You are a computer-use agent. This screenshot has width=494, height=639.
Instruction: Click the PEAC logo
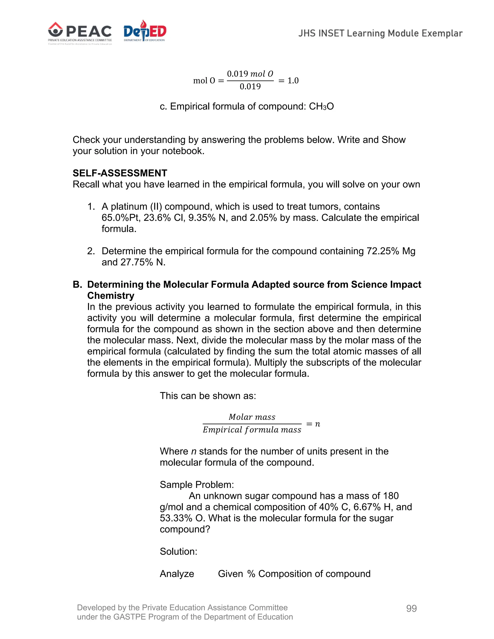coord(80,33)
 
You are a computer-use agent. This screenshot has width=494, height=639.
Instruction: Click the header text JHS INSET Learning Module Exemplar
coord(380,33)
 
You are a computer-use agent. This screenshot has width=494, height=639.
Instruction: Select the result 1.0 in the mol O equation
coord(293,81)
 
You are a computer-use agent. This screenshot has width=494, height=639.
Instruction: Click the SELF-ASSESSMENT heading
coord(120,173)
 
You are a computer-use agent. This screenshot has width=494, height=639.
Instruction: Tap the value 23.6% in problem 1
coord(157,218)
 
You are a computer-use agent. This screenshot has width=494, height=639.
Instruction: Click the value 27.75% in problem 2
coord(137,262)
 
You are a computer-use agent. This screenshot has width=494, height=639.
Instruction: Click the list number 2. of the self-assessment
coord(91,251)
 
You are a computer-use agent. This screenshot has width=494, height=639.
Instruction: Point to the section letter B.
coord(77,284)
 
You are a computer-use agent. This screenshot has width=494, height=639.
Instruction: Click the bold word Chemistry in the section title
coord(111,296)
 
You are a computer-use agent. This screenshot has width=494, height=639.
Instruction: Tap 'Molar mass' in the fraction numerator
coord(252,417)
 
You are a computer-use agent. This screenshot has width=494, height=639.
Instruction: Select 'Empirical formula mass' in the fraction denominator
coord(252,429)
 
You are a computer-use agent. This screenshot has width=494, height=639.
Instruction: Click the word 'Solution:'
coord(178,551)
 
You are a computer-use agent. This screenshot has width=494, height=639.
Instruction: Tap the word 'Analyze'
coord(177,573)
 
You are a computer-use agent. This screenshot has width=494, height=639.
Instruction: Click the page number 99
coord(411,608)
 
